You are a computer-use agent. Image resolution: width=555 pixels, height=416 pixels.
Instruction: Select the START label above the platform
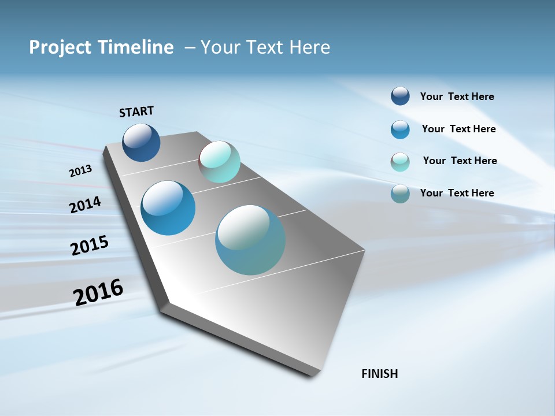(x=136, y=112)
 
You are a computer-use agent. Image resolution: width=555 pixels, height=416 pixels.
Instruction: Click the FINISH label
(x=380, y=374)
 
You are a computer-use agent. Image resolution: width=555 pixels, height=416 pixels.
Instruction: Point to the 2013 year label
(x=81, y=171)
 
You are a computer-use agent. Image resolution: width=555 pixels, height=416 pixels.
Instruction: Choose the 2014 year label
(x=86, y=205)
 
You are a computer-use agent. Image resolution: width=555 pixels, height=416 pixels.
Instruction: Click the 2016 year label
(x=98, y=292)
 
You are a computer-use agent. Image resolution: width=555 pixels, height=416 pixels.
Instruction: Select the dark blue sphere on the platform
(x=142, y=142)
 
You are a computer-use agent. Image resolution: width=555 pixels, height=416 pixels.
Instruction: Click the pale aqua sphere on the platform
(x=220, y=162)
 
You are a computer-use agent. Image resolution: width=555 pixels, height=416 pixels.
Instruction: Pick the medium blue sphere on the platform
(x=168, y=208)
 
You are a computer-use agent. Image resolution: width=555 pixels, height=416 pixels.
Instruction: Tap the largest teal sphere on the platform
(x=250, y=240)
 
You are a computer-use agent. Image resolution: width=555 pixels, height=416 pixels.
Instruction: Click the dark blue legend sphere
(x=400, y=96)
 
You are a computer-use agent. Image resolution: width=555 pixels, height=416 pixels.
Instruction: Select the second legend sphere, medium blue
(x=400, y=129)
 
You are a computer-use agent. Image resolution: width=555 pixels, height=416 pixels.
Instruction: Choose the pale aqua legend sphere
(x=400, y=162)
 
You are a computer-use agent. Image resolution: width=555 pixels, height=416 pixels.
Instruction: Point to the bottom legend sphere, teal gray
(x=400, y=194)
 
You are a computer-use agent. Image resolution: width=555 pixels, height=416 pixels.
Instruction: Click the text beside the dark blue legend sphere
(x=457, y=96)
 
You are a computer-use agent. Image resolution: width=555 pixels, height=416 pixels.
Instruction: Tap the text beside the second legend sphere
(x=458, y=129)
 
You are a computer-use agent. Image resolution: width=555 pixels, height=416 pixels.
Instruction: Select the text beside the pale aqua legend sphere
(x=460, y=161)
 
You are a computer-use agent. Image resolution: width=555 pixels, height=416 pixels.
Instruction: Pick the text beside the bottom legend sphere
(x=457, y=193)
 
